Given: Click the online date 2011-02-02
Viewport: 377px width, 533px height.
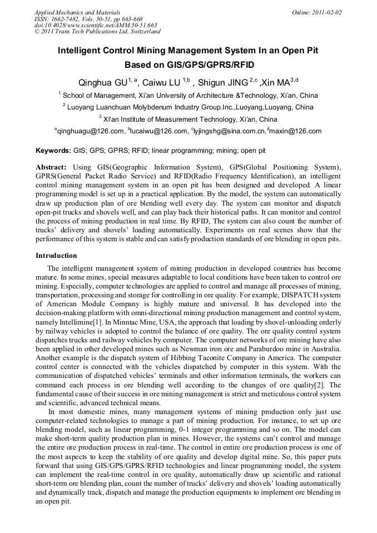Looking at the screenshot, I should point(327,12).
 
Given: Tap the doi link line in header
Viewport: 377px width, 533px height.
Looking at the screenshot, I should point(96,25).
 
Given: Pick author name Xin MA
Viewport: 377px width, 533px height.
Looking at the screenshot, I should point(276,83).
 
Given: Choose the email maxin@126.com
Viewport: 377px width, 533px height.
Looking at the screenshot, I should point(295,132).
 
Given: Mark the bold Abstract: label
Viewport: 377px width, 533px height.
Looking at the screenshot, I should point(51,167).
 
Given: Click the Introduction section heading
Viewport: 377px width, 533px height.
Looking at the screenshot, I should point(56,256).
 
